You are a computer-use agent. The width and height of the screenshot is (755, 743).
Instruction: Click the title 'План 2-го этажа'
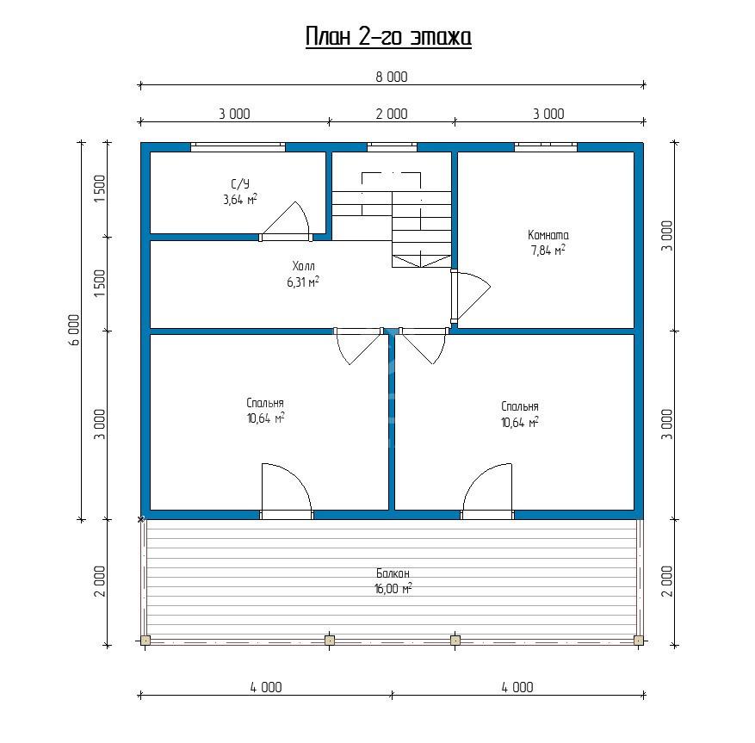(388, 37)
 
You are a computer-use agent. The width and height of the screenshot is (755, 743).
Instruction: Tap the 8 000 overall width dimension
(392, 77)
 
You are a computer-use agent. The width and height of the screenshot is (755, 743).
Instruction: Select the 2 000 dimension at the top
(392, 115)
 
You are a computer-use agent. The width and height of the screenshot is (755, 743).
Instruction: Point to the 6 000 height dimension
(74, 331)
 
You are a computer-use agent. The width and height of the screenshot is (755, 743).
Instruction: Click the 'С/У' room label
(240, 184)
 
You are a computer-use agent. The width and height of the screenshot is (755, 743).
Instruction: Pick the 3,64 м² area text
(240, 200)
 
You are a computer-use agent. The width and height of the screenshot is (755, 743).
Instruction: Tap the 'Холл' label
(303, 266)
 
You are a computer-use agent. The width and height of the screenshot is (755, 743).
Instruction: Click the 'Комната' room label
(548, 235)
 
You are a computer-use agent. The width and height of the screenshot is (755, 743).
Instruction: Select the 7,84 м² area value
(548, 251)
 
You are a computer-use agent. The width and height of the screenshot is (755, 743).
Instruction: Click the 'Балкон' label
(393, 573)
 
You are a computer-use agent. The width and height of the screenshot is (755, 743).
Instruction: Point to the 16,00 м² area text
(393, 588)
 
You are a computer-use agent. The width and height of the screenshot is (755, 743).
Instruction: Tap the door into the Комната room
(470, 296)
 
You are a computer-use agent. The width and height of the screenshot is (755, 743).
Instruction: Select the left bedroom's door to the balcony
(287, 491)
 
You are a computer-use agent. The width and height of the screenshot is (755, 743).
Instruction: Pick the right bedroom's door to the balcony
(487, 491)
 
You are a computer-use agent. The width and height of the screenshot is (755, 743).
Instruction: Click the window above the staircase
(392, 147)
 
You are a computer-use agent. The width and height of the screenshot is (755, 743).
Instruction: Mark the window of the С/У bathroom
(238, 147)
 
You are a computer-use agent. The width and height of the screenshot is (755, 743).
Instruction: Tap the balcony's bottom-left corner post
(145, 641)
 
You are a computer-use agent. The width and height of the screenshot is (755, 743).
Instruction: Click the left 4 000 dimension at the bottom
(266, 687)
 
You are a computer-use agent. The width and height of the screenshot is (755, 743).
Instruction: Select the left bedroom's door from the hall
(359, 346)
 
